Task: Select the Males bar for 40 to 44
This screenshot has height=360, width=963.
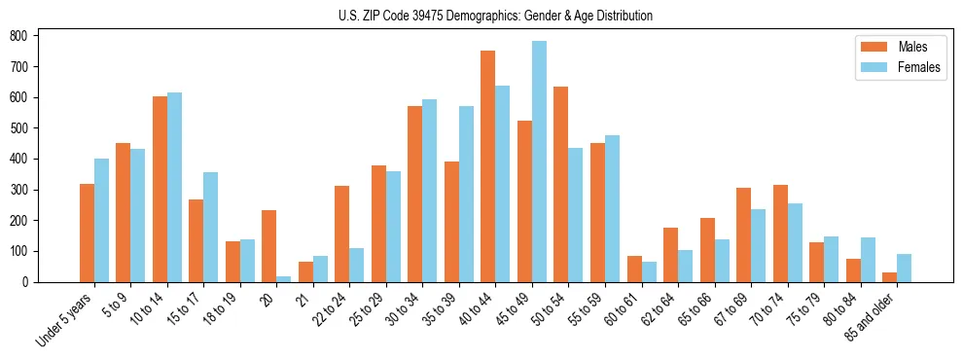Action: point(488,166)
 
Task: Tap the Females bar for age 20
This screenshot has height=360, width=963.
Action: point(284,278)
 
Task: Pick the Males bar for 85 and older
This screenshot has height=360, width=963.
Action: point(889,277)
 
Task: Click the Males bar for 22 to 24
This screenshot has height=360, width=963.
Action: point(342,234)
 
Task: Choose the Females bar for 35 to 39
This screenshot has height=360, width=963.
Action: point(466,194)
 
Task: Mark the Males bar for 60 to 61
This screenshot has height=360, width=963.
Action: point(634,269)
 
